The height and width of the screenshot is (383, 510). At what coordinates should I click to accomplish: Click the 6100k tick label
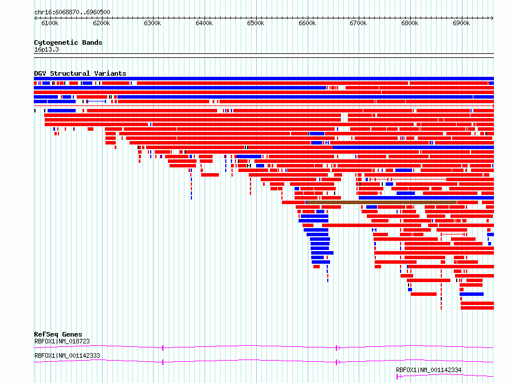[x=50, y=23]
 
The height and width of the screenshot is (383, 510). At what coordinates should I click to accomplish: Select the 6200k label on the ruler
[x=101, y=23]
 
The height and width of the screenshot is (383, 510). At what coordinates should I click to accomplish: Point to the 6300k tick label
[x=152, y=23]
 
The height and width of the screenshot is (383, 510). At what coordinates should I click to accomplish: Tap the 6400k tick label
[x=204, y=23]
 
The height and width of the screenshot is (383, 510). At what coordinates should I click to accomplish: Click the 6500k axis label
[x=256, y=23]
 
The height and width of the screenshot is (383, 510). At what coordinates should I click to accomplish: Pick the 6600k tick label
[x=307, y=23]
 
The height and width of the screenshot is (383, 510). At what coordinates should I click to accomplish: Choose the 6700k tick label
[x=358, y=23]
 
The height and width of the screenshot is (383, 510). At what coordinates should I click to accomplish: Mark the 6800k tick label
[x=410, y=23]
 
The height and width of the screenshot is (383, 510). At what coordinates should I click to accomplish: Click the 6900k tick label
[x=461, y=23]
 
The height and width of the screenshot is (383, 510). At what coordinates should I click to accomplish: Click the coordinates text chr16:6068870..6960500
[x=72, y=13]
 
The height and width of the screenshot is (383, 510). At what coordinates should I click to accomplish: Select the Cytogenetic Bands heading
[x=68, y=42]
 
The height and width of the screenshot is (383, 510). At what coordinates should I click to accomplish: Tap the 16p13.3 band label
[x=46, y=49]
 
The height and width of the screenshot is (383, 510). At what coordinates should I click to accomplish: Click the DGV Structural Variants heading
[x=80, y=73]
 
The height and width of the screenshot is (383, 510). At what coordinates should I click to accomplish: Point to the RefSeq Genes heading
[x=58, y=334]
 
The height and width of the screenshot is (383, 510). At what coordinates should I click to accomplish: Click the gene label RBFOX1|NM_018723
[x=62, y=341]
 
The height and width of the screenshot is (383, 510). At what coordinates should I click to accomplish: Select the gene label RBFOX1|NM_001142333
[x=67, y=355]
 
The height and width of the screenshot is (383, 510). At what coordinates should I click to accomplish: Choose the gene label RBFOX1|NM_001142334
[x=429, y=370]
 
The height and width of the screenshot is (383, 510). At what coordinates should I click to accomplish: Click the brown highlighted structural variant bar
[x=382, y=202]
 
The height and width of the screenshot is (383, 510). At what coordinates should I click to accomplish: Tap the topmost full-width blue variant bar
[x=264, y=79]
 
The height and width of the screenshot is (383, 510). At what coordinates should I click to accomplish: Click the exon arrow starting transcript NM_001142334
[x=399, y=377]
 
